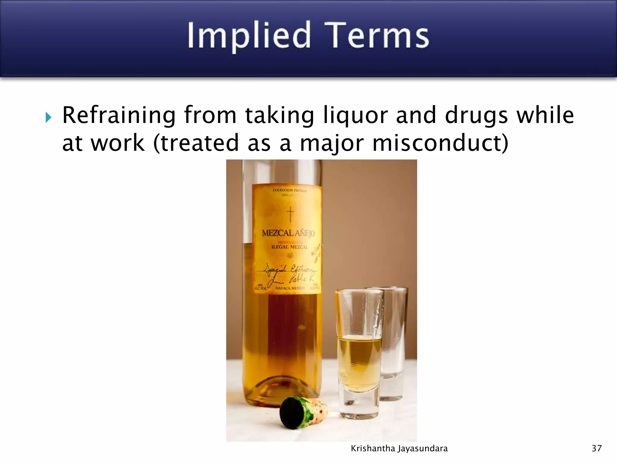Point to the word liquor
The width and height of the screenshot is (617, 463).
(355, 116)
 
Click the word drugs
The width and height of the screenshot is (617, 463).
(476, 116)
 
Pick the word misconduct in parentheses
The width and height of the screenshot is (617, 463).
(440, 143)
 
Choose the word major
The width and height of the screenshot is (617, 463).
(332, 143)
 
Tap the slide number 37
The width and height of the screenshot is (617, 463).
(597, 449)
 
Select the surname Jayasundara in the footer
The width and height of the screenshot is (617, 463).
(423, 449)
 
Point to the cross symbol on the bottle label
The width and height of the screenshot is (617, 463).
(290, 214)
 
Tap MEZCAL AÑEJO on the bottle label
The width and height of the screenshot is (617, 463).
(288, 233)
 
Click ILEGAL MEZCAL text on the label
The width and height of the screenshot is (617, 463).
(290, 247)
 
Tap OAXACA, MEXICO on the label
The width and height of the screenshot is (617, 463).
(290, 288)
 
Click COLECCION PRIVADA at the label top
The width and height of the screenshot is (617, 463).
(289, 190)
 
